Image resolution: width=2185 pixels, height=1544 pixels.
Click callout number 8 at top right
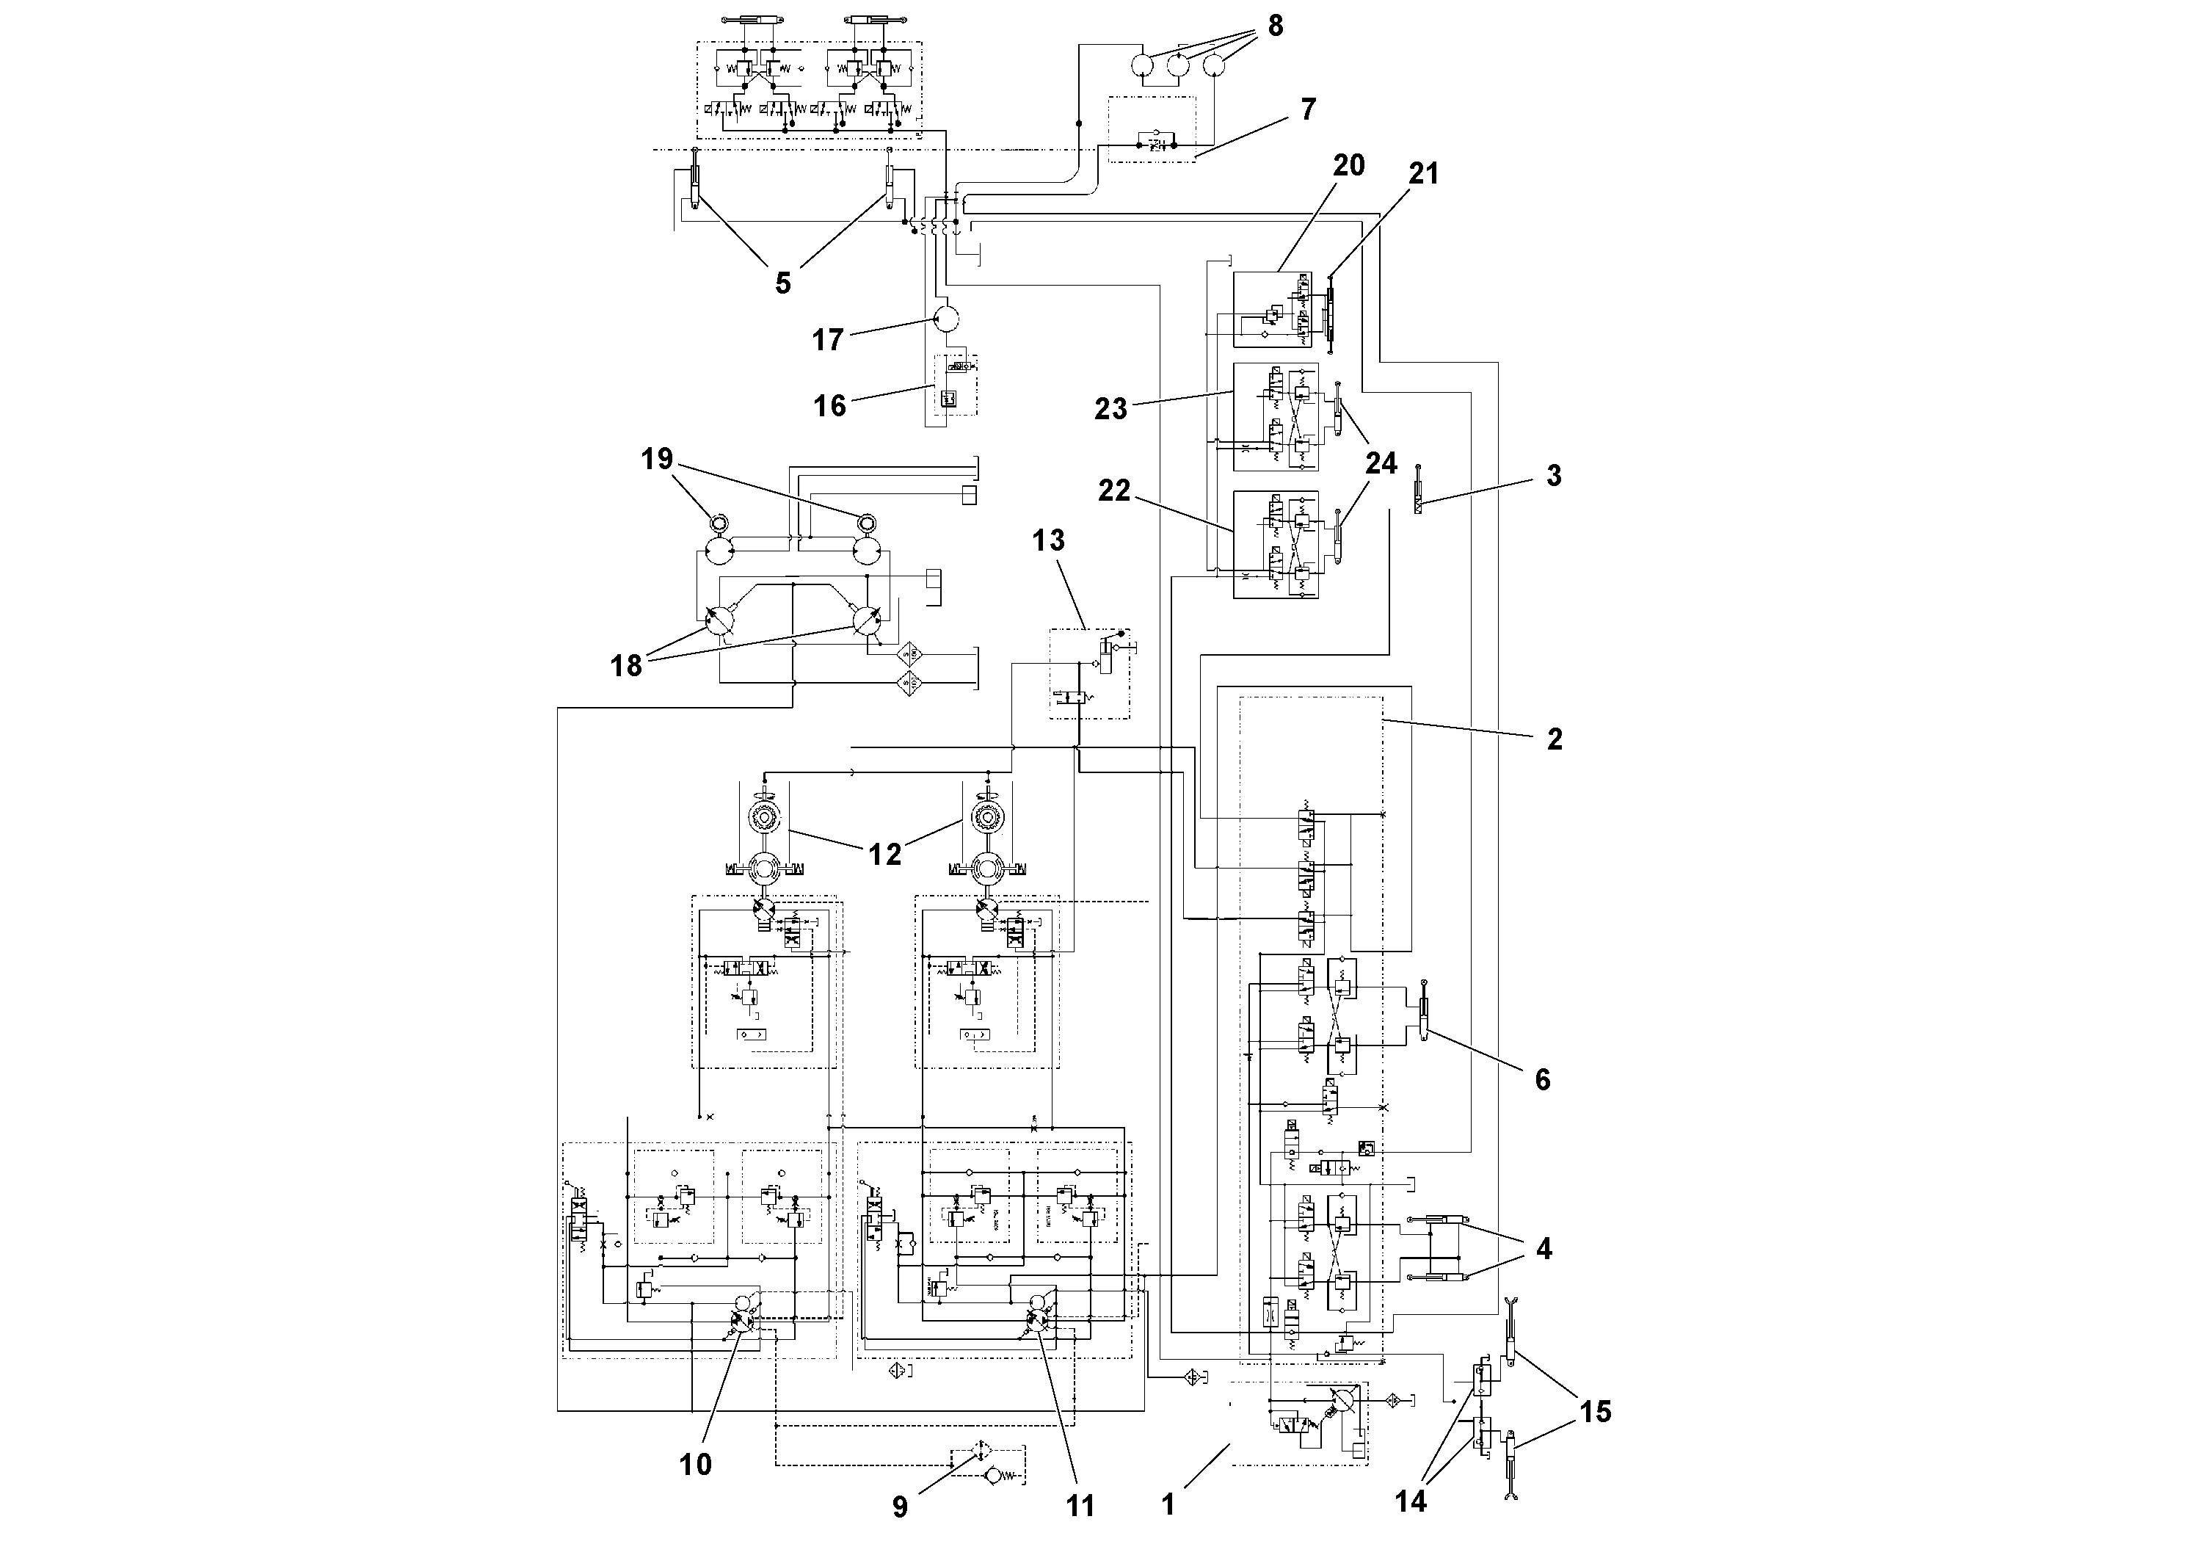tap(1275, 26)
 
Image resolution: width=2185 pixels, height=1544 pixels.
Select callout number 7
tap(1309, 109)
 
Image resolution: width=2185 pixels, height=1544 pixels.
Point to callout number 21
tap(1424, 173)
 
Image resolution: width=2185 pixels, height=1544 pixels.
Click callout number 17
tap(827, 339)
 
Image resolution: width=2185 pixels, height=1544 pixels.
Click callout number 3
tap(1553, 475)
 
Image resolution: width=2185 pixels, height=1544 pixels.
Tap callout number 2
tap(1554, 739)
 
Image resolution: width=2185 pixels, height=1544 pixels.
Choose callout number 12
tap(884, 854)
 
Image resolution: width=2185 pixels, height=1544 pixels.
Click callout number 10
tap(695, 1464)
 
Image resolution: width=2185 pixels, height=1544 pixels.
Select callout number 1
tap(1168, 1504)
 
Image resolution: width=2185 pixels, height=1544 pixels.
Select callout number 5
tap(782, 283)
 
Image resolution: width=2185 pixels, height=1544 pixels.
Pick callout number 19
tap(657, 459)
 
